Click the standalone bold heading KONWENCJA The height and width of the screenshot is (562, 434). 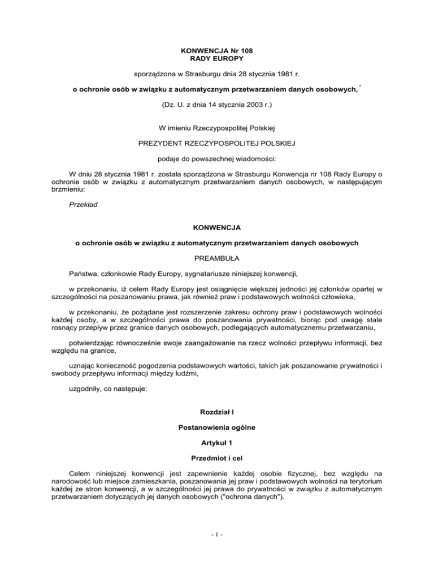tap(217, 227)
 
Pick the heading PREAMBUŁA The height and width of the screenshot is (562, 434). tap(217, 259)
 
